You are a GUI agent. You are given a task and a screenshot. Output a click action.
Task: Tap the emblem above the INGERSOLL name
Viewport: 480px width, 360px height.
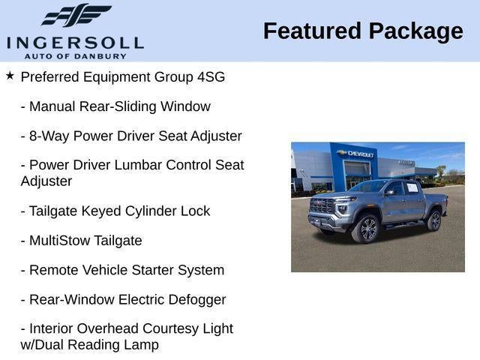(75, 15)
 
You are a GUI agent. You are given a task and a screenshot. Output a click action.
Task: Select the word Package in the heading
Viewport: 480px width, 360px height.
(415, 31)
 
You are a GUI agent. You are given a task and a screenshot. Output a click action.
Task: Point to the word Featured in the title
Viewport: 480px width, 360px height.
(311, 31)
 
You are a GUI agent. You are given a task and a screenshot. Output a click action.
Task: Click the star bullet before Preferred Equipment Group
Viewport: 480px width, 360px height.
(10, 76)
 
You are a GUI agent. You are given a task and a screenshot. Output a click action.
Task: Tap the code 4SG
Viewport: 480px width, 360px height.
(211, 76)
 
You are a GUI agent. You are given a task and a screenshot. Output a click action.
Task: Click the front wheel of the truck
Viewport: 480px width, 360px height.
(367, 228)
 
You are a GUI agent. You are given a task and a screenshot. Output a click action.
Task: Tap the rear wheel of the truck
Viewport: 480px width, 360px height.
(433, 220)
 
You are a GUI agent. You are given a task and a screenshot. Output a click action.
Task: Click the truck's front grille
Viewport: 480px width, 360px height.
(322, 206)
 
